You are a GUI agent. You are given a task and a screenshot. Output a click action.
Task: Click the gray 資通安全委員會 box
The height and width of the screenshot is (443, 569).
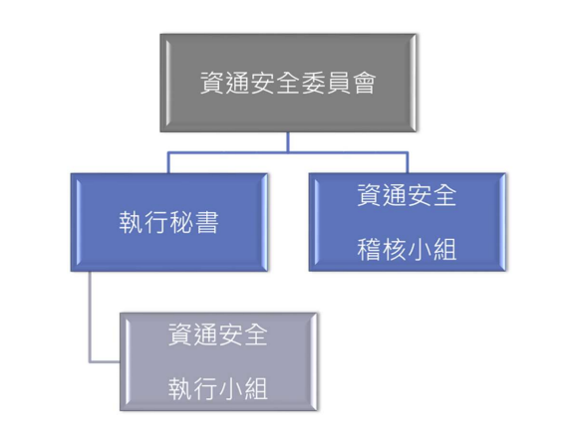[x=288, y=83]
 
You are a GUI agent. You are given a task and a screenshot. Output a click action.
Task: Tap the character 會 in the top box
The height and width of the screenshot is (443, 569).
[x=364, y=83]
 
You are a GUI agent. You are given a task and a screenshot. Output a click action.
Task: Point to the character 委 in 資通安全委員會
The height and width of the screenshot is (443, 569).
[x=314, y=83]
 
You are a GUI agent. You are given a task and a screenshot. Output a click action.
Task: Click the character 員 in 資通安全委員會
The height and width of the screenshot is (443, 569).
[x=339, y=83]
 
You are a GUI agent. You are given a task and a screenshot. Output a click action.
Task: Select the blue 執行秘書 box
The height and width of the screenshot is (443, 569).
[x=169, y=222]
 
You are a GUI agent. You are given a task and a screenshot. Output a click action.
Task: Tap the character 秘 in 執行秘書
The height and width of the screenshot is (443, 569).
[x=181, y=222]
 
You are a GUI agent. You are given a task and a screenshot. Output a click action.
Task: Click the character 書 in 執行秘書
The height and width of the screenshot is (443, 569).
[x=207, y=222]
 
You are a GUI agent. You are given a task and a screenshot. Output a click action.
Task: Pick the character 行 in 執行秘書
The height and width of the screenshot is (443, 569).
[x=156, y=222]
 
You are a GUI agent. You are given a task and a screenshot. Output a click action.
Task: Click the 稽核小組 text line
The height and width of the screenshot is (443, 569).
[x=407, y=250]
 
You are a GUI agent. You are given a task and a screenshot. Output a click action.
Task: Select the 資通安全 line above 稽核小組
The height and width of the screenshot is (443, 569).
[x=407, y=195]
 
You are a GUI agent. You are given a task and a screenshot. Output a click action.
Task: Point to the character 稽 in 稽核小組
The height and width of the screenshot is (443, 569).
[x=369, y=250]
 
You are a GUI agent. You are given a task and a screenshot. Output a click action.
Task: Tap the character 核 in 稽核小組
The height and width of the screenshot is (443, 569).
[x=394, y=250]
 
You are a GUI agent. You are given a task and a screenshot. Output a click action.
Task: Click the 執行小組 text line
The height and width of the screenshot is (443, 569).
[x=217, y=389]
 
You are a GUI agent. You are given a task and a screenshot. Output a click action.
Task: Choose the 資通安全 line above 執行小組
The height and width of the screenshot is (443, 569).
[x=217, y=334]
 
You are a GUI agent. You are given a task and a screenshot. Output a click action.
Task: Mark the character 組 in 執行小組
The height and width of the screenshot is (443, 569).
[x=256, y=389]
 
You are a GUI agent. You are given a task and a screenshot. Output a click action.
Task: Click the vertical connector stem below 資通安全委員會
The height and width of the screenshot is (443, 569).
[x=288, y=142]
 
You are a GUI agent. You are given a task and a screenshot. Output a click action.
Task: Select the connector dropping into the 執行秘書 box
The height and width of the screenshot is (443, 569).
[x=168, y=163]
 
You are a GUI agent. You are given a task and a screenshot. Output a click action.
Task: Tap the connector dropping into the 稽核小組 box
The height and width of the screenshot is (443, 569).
[x=408, y=163]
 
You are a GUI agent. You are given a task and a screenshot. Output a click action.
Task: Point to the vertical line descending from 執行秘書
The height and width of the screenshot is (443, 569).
[x=90, y=317]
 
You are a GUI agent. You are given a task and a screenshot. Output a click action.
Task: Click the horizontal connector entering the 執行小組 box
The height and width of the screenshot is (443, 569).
[x=105, y=361]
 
